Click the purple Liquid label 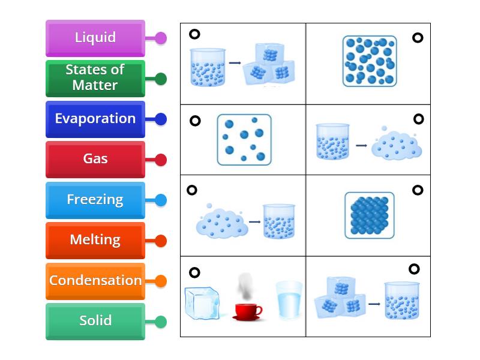95,38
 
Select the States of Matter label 95,79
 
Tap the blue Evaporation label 95,119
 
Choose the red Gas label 95,160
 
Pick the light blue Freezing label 95,200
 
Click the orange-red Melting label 95,241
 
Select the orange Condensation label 95,281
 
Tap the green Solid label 95,322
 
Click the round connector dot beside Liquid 161,38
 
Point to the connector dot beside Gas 161,160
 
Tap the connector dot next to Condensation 161,281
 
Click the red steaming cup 247,311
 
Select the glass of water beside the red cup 289,299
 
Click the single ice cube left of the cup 202,303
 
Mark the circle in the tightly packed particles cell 418,190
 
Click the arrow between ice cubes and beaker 374,304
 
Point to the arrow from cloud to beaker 254,221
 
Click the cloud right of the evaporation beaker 397,145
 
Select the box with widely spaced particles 244,140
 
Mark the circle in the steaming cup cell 194,272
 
